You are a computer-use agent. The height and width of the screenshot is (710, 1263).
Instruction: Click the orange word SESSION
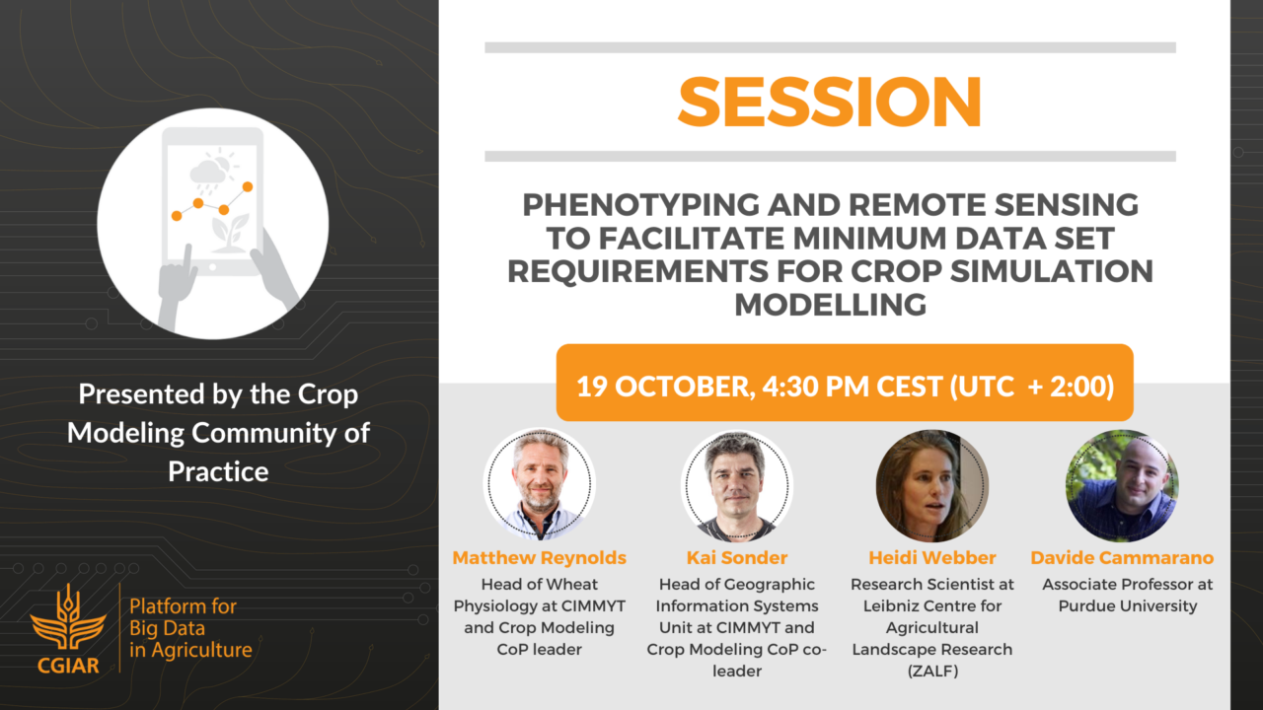pos(830,102)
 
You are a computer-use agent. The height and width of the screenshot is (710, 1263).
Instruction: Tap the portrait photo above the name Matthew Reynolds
pos(540,483)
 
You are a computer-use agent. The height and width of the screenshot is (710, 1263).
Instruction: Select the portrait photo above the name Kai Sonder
pos(737,485)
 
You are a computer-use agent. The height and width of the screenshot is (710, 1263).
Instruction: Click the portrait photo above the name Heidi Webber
pos(932,485)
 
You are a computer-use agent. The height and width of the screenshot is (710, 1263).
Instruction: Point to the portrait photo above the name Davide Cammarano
pos(1122,485)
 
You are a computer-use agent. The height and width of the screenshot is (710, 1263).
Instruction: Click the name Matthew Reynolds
pos(540,558)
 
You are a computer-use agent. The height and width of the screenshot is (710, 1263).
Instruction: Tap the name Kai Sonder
pos(737,558)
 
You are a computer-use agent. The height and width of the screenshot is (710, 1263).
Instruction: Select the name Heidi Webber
pos(932,558)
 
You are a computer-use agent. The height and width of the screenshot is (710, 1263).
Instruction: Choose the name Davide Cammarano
pos(1122,558)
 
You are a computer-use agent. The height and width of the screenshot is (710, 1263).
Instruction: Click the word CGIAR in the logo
pos(68,666)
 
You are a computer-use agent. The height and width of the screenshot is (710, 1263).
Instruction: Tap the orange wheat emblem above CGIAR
pos(68,617)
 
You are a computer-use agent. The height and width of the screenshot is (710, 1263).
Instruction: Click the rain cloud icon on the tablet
pos(208,172)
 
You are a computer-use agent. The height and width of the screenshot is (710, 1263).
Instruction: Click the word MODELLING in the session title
pos(830,305)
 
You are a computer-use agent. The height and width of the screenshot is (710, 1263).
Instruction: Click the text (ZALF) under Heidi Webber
pos(932,672)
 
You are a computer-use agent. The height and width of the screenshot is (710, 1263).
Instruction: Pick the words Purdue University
pos(1128,606)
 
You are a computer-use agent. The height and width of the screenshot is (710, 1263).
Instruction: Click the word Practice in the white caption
pos(218,471)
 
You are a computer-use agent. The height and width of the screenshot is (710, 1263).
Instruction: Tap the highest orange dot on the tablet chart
pos(248,186)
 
